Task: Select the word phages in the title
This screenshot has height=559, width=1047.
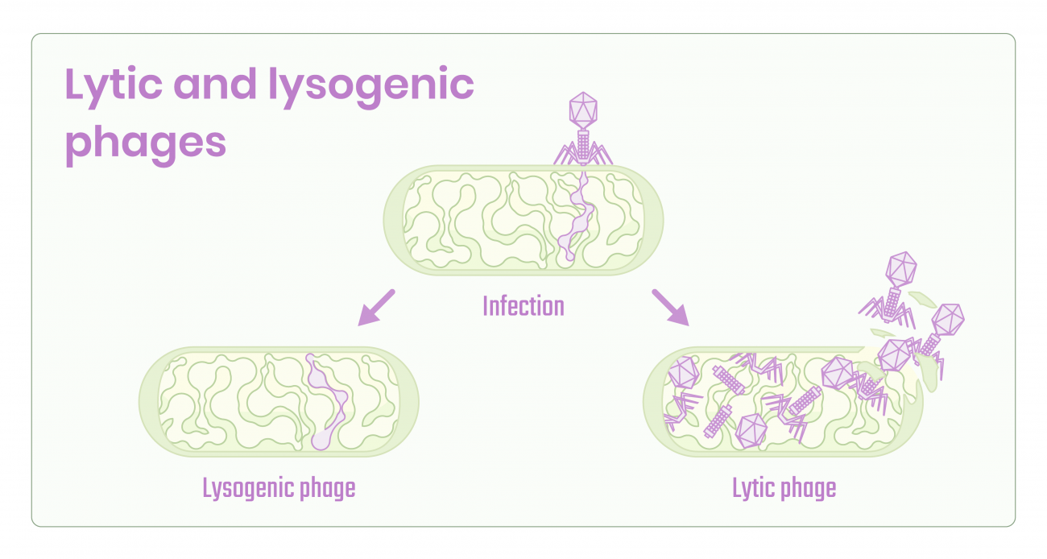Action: pyautogui.click(x=145, y=142)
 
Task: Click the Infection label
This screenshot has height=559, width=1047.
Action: pyautogui.click(x=523, y=306)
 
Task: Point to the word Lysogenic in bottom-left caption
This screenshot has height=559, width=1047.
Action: pyautogui.click(x=241, y=488)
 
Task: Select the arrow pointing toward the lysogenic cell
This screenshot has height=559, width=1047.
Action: pyautogui.click(x=375, y=308)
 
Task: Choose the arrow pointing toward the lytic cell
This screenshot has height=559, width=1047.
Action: pyautogui.click(x=670, y=307)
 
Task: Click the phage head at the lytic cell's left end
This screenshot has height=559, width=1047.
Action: pyautogui.click(x=683, y=373)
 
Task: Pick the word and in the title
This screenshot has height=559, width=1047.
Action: pyautogui.click(x=216, y=85)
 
